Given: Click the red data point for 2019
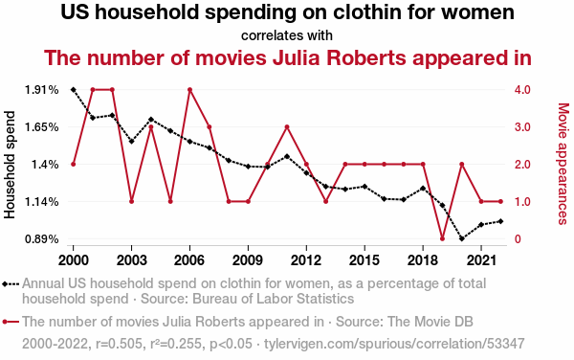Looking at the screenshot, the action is click(442, 238).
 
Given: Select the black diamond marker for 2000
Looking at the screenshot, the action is click(74, 90).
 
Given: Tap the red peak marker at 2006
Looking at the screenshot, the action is click(190, 90).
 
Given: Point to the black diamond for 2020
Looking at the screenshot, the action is click(462, 238).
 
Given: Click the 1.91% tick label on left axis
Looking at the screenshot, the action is click(42, 90).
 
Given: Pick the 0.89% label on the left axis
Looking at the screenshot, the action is click(42, 239).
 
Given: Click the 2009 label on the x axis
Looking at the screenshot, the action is click(248, 260).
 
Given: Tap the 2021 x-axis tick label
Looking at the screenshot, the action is click(481, 260).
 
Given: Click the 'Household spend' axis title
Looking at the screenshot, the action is click(10, 165).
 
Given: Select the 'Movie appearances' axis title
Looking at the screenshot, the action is click(563, 164).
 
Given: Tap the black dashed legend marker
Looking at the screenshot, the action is click(11, 283).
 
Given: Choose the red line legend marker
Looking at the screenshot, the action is click(11, 322).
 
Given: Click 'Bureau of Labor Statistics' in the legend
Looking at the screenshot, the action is click(273, 299).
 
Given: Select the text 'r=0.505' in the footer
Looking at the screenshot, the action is click(119, 344).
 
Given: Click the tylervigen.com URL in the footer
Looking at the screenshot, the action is click(394, 344).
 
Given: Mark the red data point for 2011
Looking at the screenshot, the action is click(287, 127).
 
